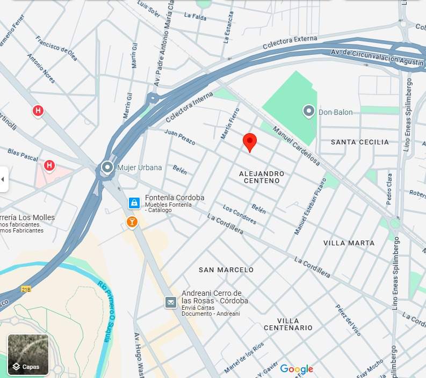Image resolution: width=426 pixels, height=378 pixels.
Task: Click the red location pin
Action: click(250, 142)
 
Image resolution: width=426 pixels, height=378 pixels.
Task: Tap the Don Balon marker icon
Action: click(309, 111)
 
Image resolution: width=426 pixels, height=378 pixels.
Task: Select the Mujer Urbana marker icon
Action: click(108, 168)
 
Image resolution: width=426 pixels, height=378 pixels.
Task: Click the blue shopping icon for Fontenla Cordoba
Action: click(134, 203)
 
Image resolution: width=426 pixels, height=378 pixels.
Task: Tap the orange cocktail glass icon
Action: click(132, 221)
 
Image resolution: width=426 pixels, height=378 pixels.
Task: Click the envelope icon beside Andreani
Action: click(171, 303)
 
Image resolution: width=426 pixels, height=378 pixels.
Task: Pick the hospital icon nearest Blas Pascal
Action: click(49, 165)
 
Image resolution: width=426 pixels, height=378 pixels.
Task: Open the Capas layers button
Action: click(28, 355)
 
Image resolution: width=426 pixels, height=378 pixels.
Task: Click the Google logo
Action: click(297, 369)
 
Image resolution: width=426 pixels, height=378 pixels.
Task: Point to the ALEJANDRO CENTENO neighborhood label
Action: click(262, 177)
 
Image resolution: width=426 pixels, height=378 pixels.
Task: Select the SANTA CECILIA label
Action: click(359, 142)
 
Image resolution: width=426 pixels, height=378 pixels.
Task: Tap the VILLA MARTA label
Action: click(349, 243)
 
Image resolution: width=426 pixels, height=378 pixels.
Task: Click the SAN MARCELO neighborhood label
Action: click(226, 270)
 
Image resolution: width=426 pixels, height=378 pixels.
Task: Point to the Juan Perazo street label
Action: click(180, 137)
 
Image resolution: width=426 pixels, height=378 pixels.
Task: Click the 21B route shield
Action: click(26, 289)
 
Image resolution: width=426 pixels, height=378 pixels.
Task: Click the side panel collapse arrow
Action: click(4, 179)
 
